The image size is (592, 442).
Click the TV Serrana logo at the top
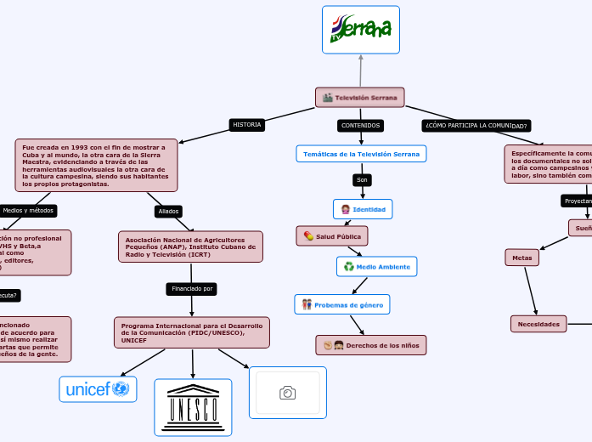point(360,30)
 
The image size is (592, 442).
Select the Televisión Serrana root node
point(360,98)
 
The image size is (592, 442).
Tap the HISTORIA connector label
point(247,125)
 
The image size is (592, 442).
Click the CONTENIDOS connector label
point(360,126)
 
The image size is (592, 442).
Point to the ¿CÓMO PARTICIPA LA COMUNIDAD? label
point(476,126)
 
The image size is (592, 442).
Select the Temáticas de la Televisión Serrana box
point(361,154)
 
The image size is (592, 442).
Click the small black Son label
point(363,180)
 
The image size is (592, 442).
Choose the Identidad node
point(363,209)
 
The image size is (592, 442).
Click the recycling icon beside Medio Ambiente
point(348,267)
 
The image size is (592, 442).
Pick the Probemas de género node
point(342,304)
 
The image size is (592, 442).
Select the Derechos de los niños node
point(370,345)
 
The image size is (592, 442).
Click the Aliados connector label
point(167,211)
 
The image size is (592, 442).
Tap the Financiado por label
point(193,289)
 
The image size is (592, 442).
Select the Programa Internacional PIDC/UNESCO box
point(191,332)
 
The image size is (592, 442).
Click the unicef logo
point(98,389)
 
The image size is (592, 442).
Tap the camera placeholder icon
point(287,392)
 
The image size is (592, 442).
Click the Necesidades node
point(538,324)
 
